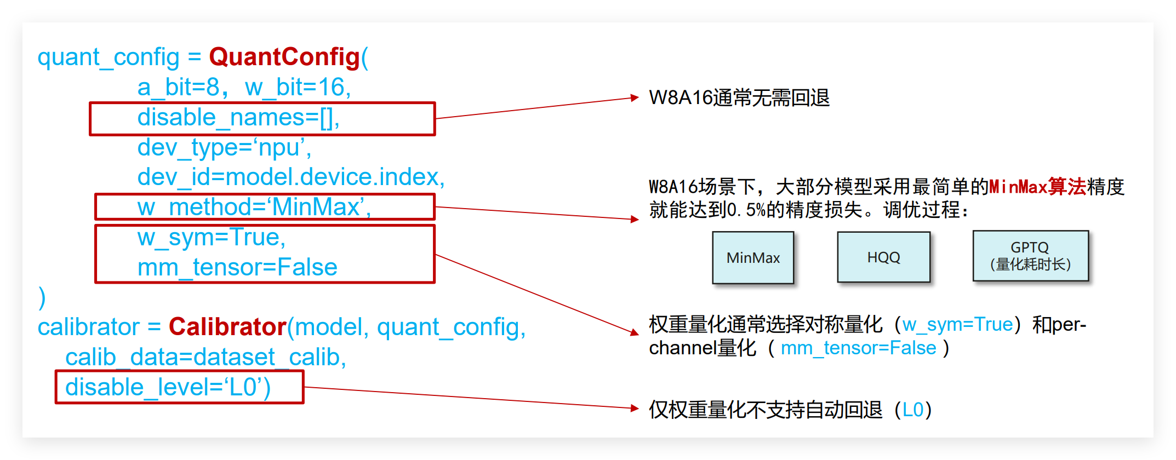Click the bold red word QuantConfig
coord(284,57)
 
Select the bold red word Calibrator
coord(227,327)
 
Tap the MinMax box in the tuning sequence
coord(753,257)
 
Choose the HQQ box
coord(883,257)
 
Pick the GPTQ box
coord(1030,256)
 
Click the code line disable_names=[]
coord(238,118)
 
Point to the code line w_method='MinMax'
coord(254,207)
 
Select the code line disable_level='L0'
coord(168,387)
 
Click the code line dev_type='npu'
coord(224,147)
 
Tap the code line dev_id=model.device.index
coord(290,177)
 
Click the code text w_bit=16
coord(298,87)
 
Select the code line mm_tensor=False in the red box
coord(237,267)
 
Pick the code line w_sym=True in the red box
coord(212,237)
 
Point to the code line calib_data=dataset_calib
coord(205,357)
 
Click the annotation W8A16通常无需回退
coord(739,98)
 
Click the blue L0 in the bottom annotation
coord(913,410)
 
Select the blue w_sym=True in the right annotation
coord(957,325)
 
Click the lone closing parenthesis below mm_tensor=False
coord(42,298)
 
